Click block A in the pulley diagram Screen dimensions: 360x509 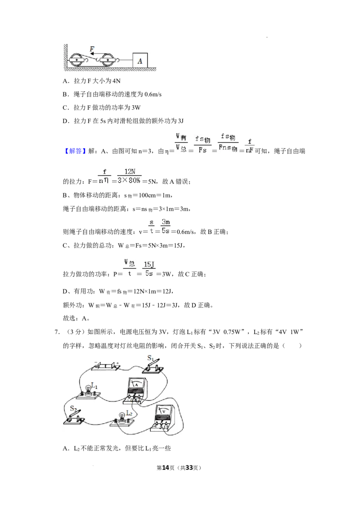[140, 60]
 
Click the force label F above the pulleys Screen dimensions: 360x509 [92, 49]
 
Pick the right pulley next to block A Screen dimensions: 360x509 [107, 60]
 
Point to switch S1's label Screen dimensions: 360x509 [150, 358]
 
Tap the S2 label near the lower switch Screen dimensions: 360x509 [73, 408]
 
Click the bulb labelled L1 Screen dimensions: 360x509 [88, 390]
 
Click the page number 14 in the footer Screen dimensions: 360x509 [166, 468]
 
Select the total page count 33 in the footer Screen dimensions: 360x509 [189, 468]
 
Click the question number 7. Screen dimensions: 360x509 [57, 332]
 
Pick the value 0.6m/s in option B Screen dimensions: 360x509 [153, 94]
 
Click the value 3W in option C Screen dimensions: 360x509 [136, 108]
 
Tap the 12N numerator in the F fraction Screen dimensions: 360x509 [130, 172]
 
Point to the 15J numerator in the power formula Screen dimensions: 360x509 [149, 264]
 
